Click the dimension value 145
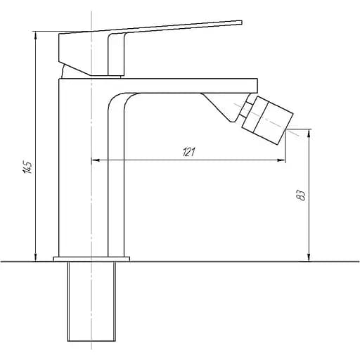(27, 167)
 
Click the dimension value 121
(188, 153)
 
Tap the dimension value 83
(301, 195)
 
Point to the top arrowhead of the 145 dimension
(36, 36)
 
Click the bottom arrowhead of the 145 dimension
(36, 257)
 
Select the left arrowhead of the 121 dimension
(96, 160)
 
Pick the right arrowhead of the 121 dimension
(281, 160)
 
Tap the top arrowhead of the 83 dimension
(309, 134)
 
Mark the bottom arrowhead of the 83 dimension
(309, 257)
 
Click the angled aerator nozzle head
(267, 120)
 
